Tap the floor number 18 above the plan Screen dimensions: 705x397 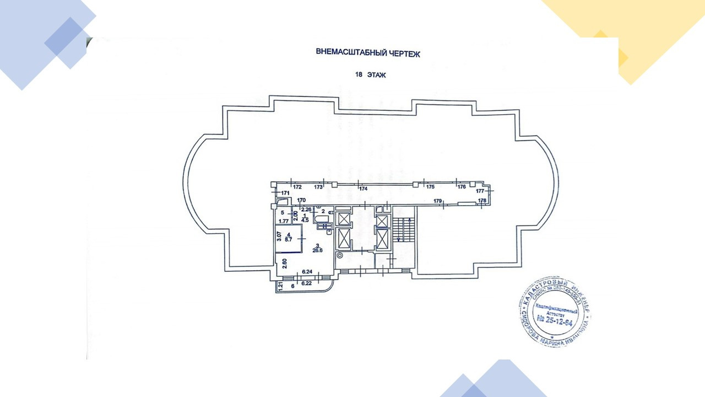(359, 76)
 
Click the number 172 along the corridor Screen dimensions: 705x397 (297, 187)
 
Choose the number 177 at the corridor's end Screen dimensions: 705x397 (480, 191)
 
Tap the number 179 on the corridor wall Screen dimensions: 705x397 (438, 201)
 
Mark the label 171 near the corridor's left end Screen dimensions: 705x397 (285, 193)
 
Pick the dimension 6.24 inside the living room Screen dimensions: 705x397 (307, 272)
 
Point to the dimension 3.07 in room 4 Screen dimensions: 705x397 (280, 237)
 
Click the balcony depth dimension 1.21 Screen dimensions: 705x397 (280, 286)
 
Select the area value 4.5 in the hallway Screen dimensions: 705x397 (305, 218)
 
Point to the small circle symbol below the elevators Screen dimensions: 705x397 (339, 255)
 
